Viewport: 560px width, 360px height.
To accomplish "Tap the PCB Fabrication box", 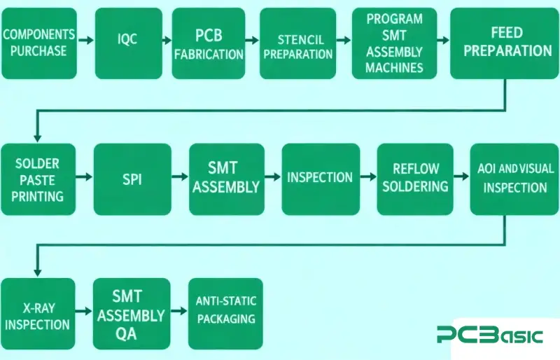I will [209, 43].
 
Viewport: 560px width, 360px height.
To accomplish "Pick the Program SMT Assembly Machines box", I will [394, 43].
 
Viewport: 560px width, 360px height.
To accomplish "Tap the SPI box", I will [132, 179].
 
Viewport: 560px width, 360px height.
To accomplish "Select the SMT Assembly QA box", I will [132, 314].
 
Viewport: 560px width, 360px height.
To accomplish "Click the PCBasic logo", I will [489, 335].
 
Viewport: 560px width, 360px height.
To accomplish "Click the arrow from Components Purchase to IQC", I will [85, 41].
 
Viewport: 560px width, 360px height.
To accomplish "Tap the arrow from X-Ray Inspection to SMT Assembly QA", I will [85, 312].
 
